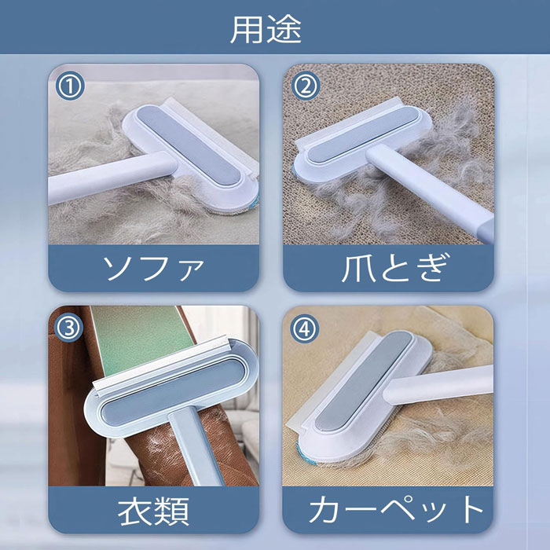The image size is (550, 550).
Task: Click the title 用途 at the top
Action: [x=266, y=30]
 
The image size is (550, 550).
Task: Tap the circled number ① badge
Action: [x=70, y=86]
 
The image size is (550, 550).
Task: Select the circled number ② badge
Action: [x=306, y=86]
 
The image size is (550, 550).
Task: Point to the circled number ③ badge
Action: [x=69, y=328]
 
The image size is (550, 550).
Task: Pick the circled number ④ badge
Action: [x=305, y=328]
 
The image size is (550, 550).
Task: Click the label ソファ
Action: [x=153, y=268]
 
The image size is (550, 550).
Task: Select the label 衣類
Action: [x=153, y=511]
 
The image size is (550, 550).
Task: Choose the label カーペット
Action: [x=396, y=510]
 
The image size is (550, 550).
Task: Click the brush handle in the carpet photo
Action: [x=438, y=385]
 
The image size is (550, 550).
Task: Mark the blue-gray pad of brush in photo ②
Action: [x=362, y=134]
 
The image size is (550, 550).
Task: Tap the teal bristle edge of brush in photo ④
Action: [x=305, y=454]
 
